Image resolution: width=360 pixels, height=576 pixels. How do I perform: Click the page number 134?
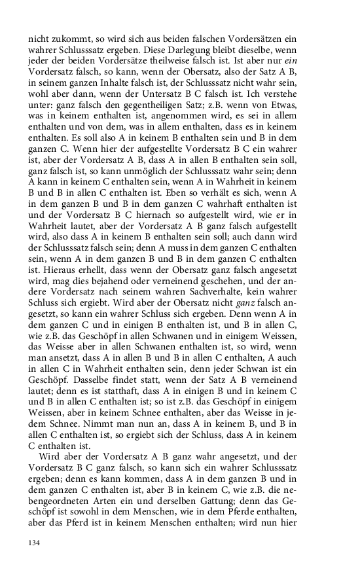(34, 543)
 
